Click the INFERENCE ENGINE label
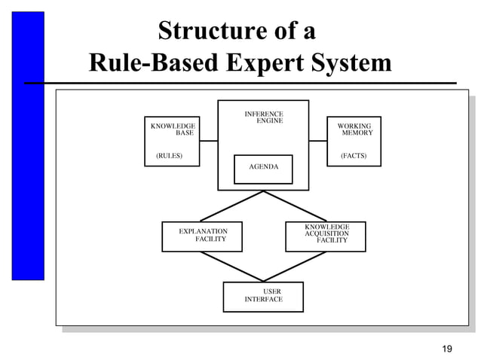264,117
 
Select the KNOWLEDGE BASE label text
173,129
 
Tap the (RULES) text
169,156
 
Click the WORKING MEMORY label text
354,129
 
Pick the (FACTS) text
354,156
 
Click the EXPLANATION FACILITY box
203,236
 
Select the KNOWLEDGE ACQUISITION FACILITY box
326,236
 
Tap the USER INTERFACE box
263,296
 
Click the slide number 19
447,348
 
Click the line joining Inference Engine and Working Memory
317,141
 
